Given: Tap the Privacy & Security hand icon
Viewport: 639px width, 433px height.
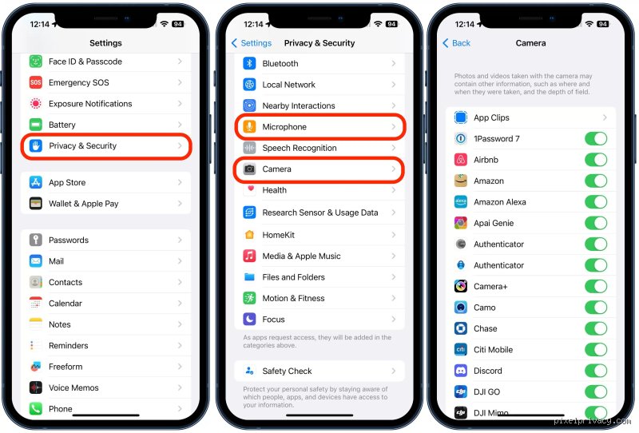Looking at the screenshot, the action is point(36,145).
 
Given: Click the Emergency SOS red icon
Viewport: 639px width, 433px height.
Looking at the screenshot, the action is point(36,82).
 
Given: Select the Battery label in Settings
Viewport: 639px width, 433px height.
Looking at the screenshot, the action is point(62,125).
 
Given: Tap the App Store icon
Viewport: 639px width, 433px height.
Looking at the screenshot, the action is point(36,182).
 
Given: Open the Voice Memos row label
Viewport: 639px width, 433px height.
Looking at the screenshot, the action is point(73,387).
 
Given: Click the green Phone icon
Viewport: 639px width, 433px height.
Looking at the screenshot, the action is point(36,408).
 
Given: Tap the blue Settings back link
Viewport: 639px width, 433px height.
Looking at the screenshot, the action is point(252,43).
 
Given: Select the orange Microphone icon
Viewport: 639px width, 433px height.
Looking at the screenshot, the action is point(249,127).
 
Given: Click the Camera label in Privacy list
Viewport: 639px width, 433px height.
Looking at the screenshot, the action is point(276,169).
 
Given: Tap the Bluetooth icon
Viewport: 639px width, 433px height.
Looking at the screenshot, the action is point(249,63).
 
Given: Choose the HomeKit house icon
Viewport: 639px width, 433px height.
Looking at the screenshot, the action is point(249,234).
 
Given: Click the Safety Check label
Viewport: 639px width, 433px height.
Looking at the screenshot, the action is point(287,371).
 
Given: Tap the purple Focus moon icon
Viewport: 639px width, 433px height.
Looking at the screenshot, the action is point(249,319).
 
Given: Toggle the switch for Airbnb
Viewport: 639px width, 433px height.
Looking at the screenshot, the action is point(596,160).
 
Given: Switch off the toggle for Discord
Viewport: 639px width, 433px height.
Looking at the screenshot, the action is point(596,371).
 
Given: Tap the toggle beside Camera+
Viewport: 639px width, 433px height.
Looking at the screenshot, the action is point(596,286).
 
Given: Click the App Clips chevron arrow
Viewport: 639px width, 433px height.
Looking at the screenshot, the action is point(605,117).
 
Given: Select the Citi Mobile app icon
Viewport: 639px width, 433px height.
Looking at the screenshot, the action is point(461,349).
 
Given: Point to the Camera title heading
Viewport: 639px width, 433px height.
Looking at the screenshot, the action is point(530,43).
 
